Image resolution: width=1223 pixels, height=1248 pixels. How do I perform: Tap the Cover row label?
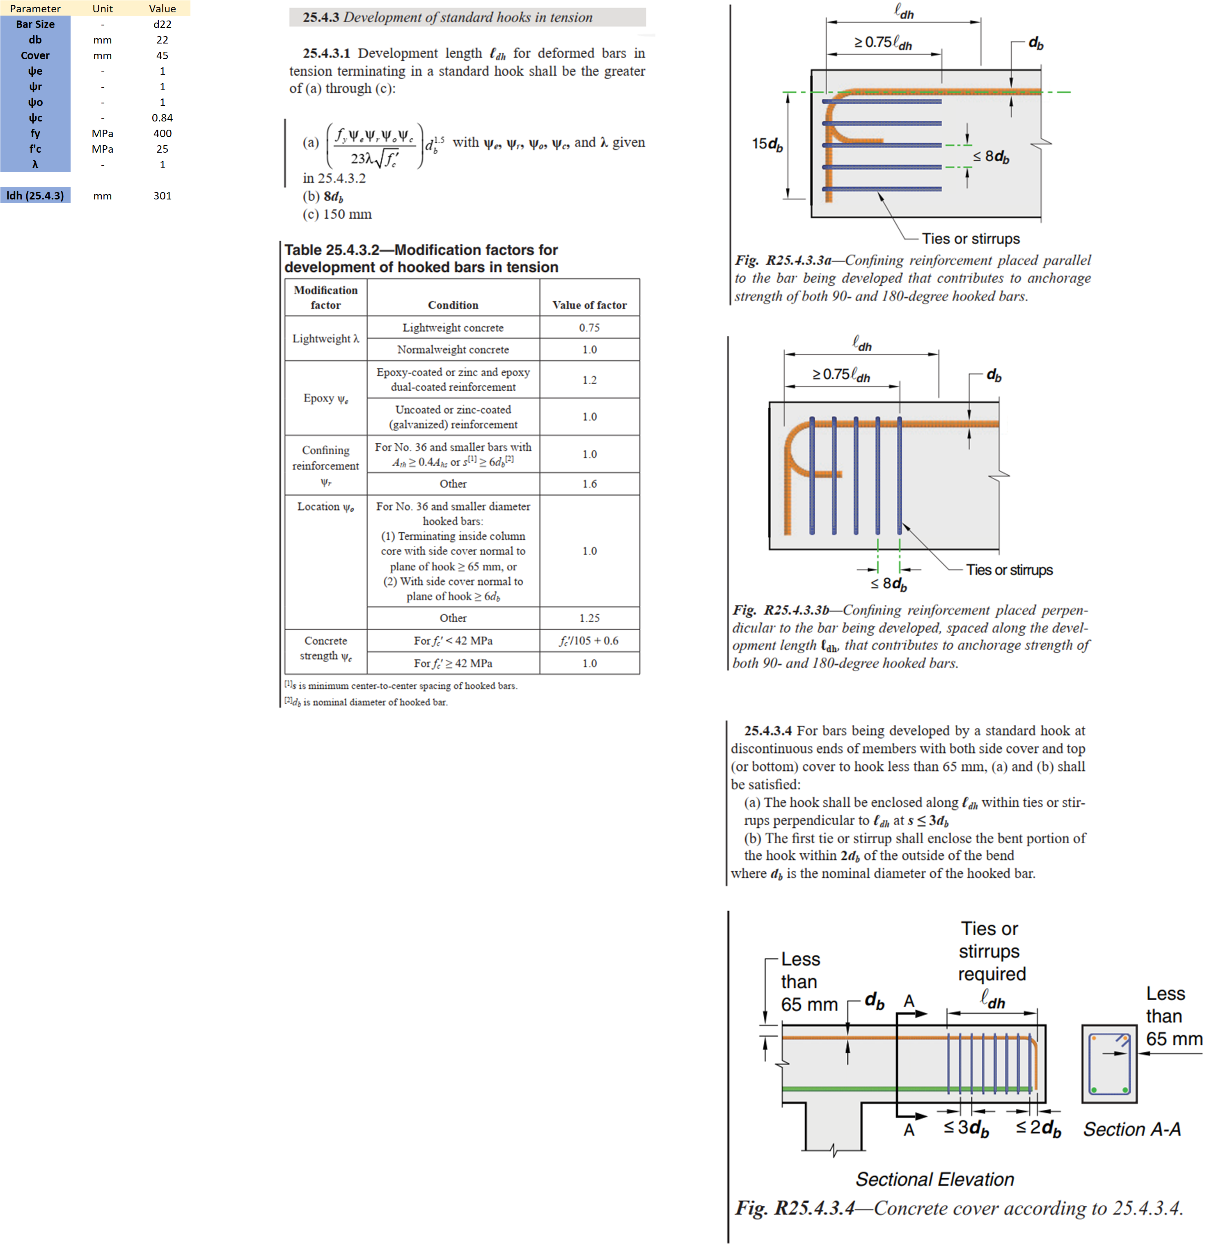click(x=35, y=55)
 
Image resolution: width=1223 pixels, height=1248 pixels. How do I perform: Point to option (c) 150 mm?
click(x=337, y=215)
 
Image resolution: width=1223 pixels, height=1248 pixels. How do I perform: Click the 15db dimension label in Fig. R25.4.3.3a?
click(x=767, y=144)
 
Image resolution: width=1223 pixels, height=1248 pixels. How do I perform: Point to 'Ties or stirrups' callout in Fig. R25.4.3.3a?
click(x=971, y=239)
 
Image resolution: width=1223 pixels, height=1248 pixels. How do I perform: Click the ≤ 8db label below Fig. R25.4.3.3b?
click(x=889, y=584)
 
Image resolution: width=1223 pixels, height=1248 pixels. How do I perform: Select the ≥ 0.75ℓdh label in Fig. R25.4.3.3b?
click(x=841, y=374)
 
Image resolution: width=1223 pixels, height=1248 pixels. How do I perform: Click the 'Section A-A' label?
click(x=1132, y=1129)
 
